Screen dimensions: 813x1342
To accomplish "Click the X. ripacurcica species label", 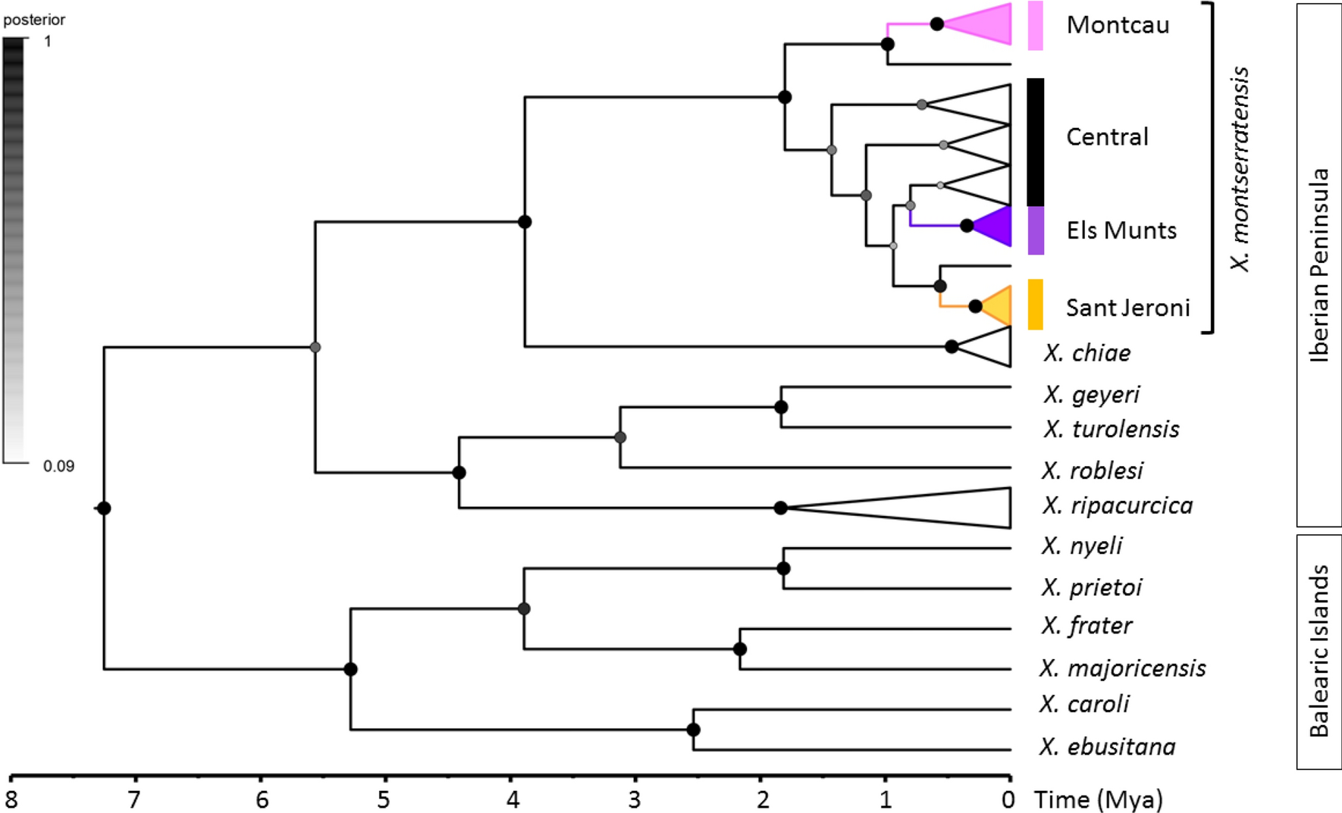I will pos(1117,505).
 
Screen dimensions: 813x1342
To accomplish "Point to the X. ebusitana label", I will pos(1107,747).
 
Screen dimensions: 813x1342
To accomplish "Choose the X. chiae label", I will pos(1086,353).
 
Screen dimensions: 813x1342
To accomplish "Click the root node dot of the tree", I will pos(104,508).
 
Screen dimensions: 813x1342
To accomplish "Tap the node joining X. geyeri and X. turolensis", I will pos(781,407).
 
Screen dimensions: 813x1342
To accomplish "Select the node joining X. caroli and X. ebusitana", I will pos(693,730).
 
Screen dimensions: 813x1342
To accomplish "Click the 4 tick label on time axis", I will pos(513,799).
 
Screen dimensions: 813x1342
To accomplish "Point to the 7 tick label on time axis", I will pos(134,799).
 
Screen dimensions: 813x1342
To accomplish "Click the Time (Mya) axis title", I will pos(1098,799).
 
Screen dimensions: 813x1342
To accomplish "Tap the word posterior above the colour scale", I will pos(34,20).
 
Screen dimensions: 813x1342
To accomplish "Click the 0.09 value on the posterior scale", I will pos(58,466).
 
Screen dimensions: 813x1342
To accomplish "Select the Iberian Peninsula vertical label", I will pos(1319,265).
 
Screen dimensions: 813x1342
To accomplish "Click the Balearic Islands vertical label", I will pos(1319,651).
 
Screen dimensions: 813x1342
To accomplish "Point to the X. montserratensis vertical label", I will pos(1239,168).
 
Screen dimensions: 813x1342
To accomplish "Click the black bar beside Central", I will pos(1035,141).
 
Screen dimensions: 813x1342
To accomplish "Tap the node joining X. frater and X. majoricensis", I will pos(740,649).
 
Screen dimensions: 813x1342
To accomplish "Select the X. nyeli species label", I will pos(1081,546).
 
